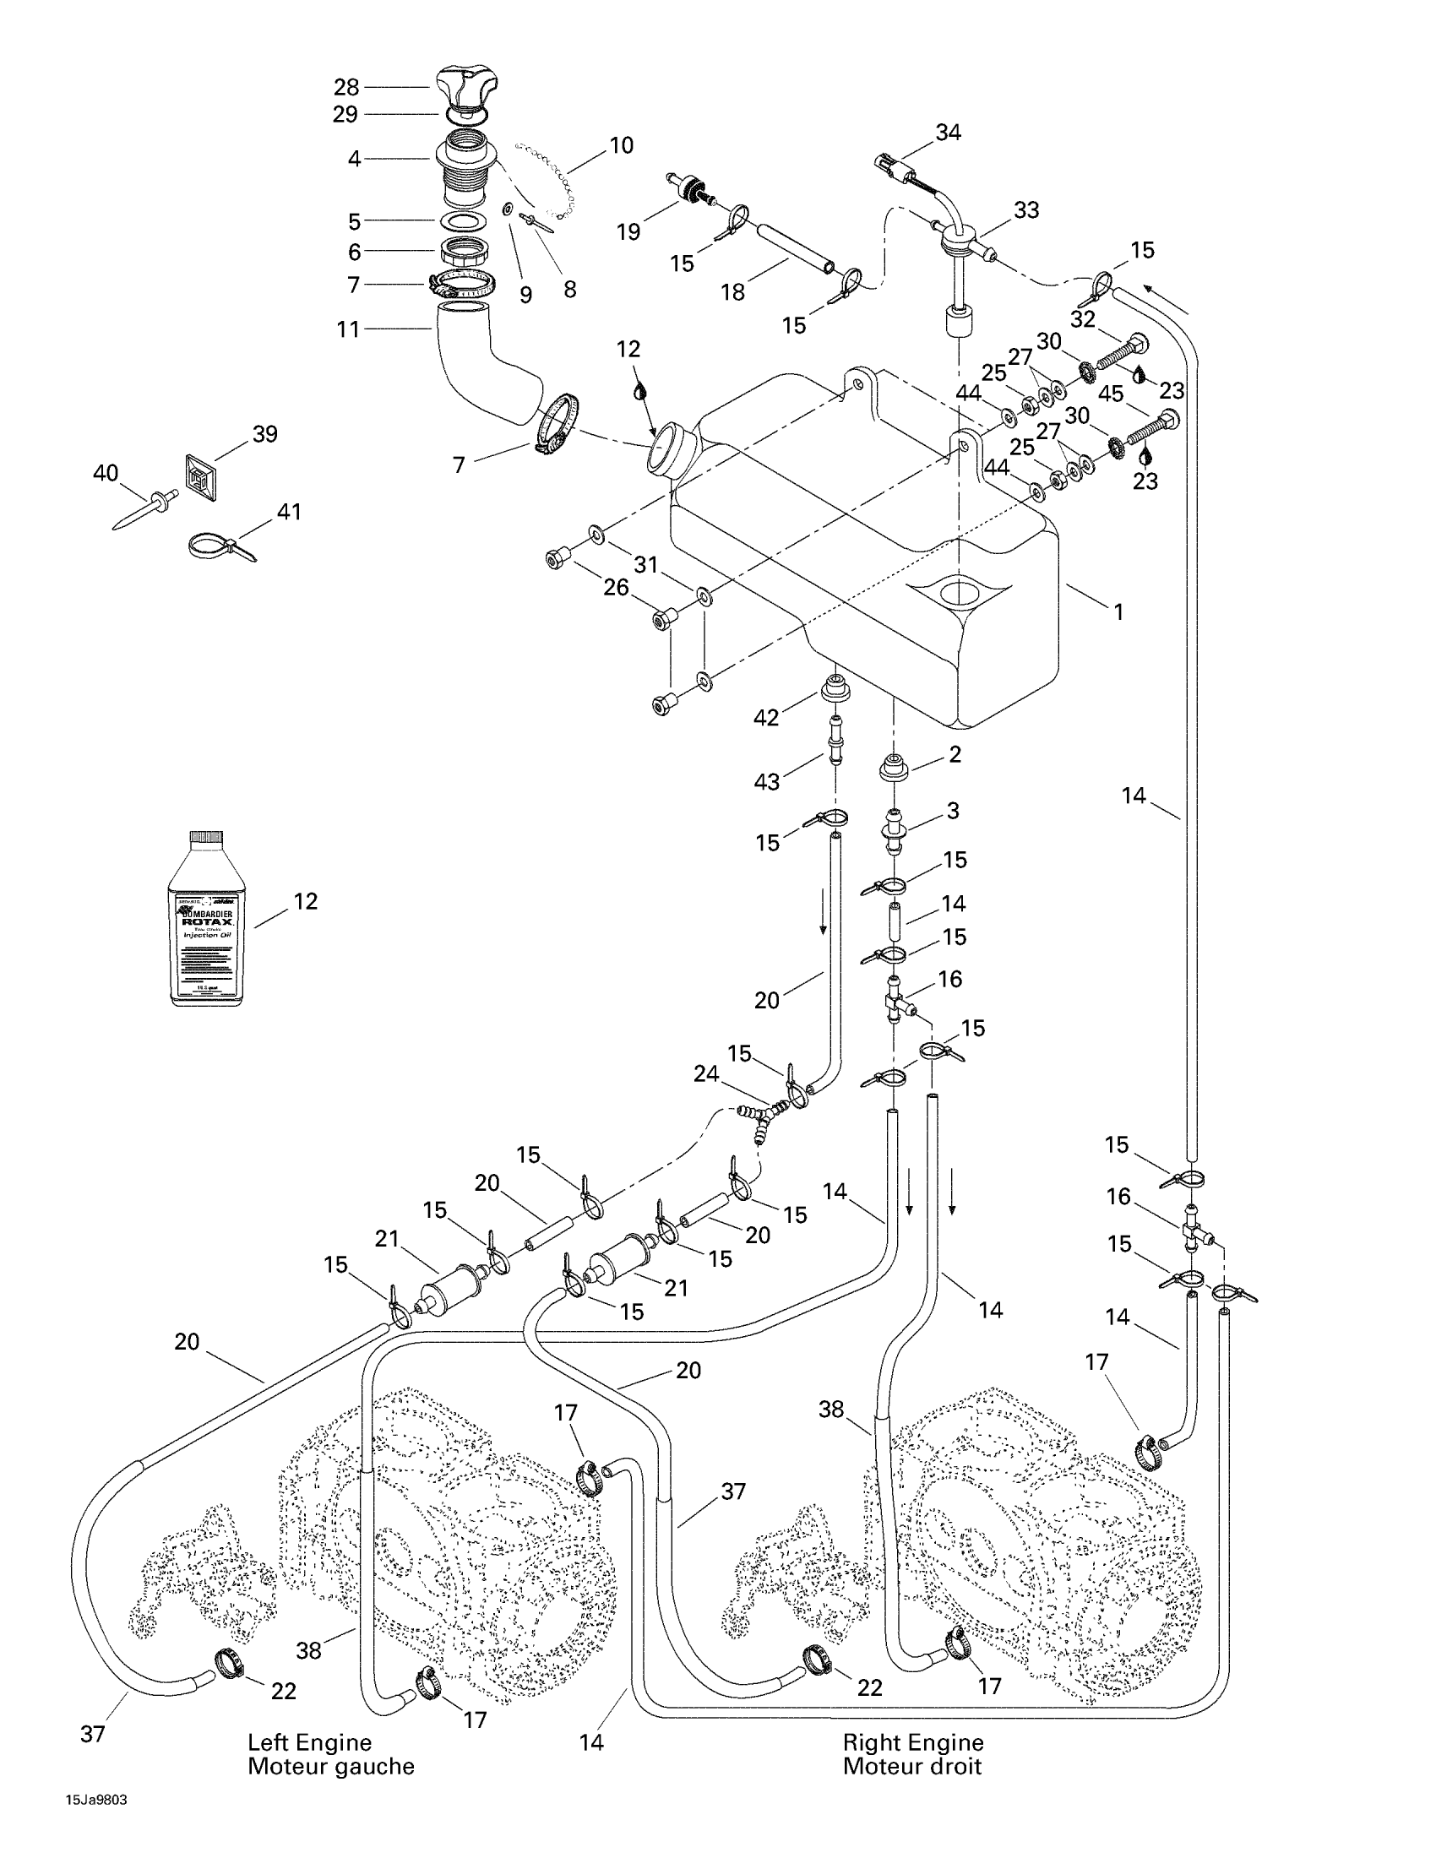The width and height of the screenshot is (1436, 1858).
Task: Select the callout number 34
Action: pyautogui.click(x=948, y=133)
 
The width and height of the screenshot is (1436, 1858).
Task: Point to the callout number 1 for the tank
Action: pyautogui.click(x=1118, y=611)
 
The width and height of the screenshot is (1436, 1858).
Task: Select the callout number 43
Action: pyautogui.click(x=766, y=782)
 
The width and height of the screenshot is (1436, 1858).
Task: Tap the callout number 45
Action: pyautogui.click(x=1111, y=394)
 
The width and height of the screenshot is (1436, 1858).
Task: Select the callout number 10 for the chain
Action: pyautogui.click(x=622, y=145)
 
